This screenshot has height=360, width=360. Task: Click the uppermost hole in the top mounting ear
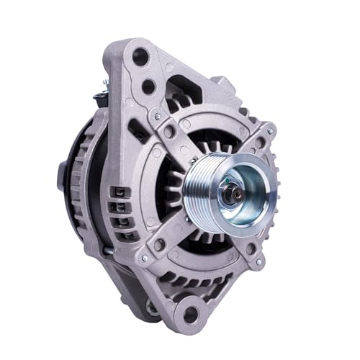[x=140, y=55]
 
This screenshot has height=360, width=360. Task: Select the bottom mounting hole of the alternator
[x=191, y=313]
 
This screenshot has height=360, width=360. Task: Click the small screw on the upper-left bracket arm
[x=156, y=113]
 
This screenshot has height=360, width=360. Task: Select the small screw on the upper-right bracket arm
[x=269, y=131]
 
